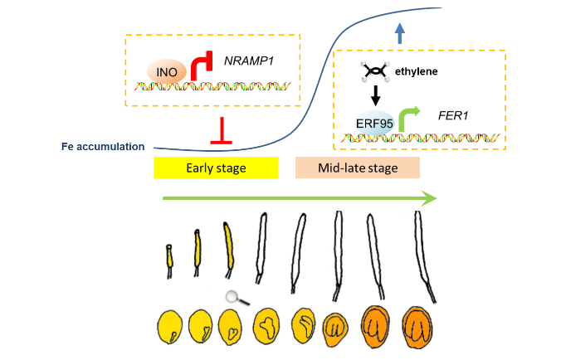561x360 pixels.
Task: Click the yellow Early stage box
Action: coord(215,168)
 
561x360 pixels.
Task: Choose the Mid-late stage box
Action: coord(358,168)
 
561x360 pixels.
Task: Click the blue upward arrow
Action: coord(399,33)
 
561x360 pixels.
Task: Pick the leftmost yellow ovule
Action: coord(172,327)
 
